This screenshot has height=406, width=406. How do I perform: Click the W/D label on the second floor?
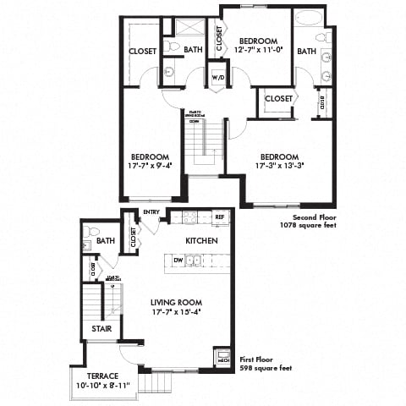217,77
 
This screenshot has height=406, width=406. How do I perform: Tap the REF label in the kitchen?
219,217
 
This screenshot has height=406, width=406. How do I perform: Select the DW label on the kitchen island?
178,261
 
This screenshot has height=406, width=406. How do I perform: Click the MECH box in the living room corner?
223,359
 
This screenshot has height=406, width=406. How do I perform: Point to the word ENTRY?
151,211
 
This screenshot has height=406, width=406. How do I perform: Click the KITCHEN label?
202,241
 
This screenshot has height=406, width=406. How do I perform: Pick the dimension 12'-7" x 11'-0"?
258,50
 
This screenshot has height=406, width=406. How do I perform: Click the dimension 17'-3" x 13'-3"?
279,167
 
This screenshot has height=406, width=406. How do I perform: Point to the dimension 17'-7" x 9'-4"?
151,167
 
